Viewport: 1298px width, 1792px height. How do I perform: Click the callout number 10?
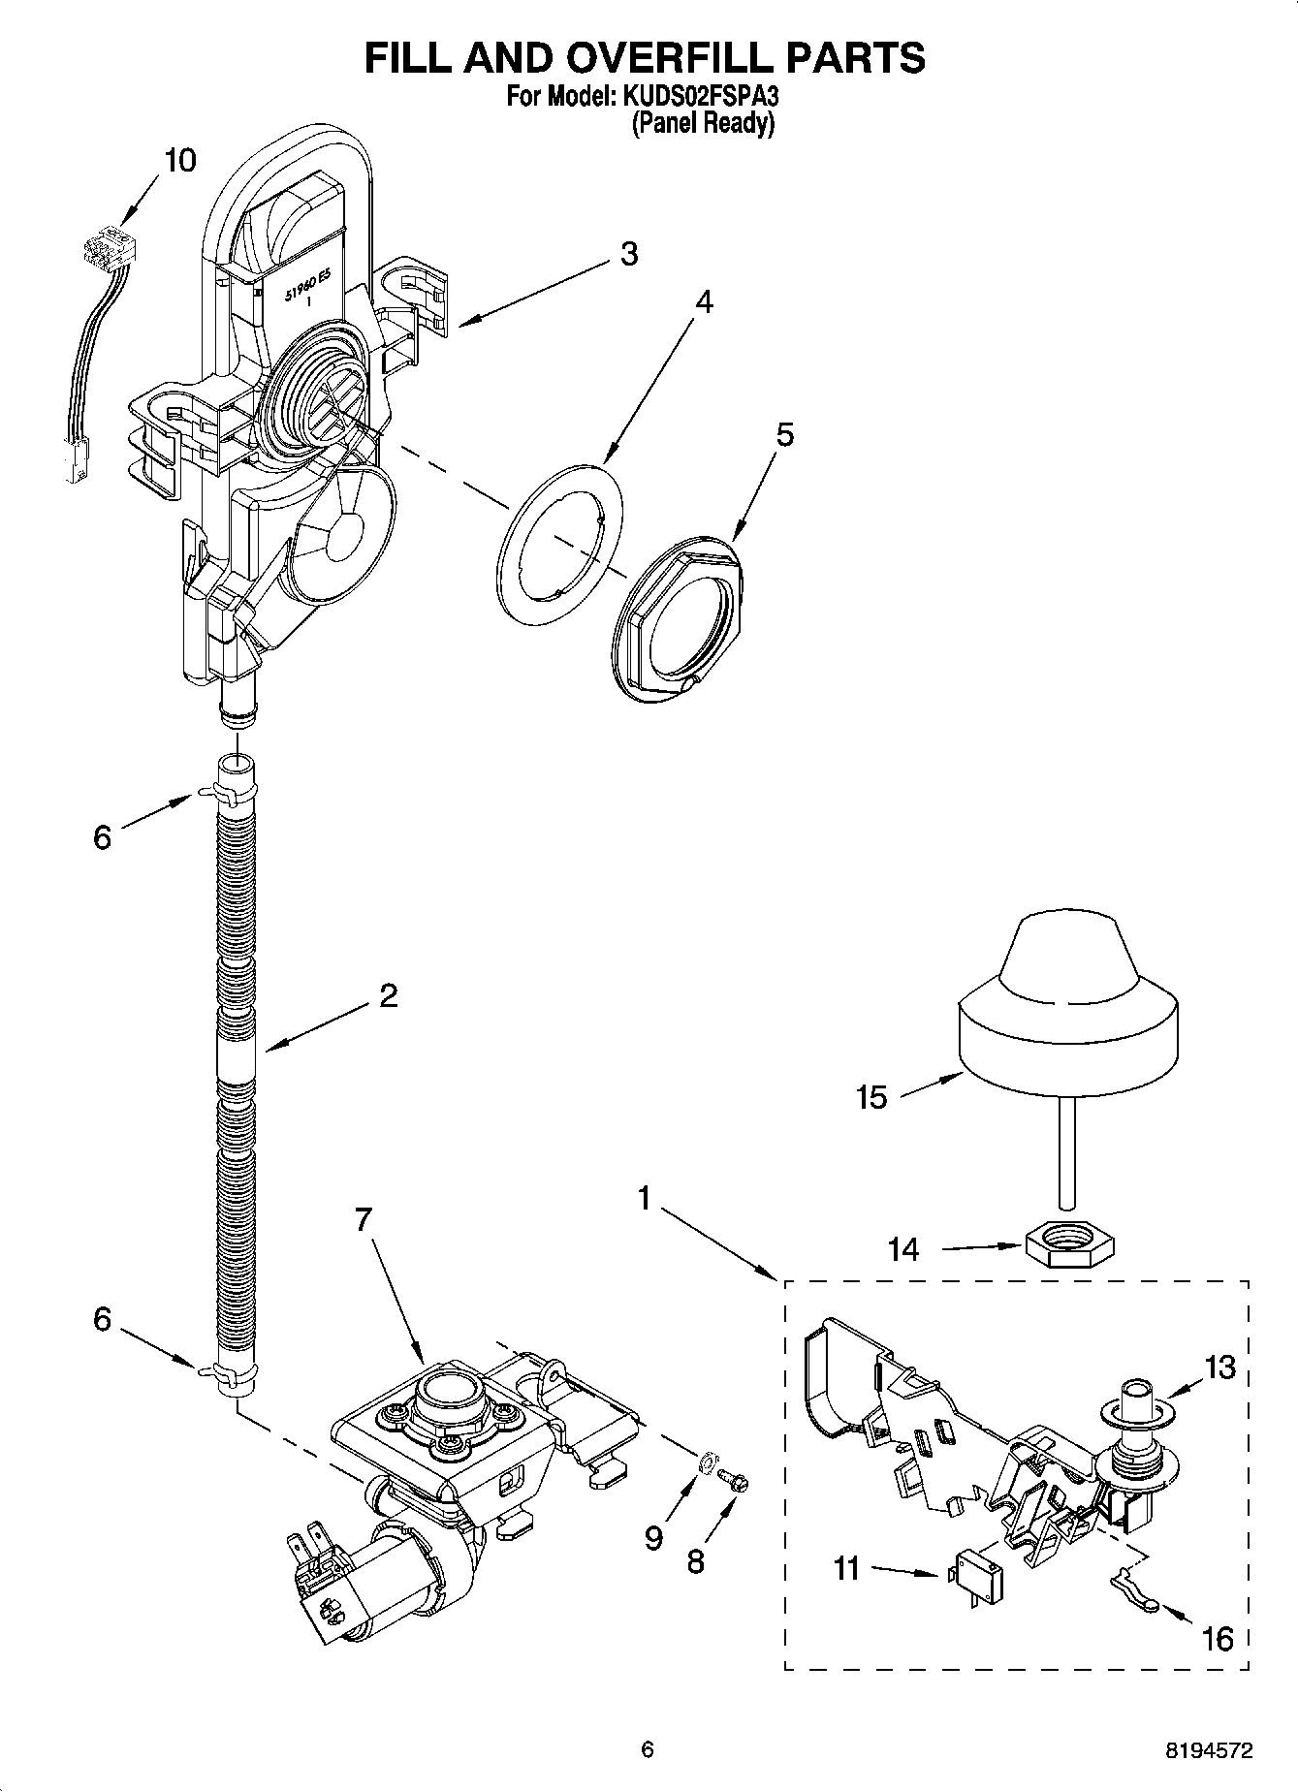click(x=180, y=160)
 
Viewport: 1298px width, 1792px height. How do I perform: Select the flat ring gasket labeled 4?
click(x=558, y=543)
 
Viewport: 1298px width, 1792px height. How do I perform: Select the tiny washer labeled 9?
click(x=708, y=1457)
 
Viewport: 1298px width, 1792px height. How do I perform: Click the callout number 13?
click(x=1220, y=1367)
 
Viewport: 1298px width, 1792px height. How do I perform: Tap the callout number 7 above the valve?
click(x=363, y=1220)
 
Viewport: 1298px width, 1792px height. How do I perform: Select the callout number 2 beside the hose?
click(x=388, y=995)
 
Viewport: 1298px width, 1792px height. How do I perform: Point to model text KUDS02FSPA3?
click(x=697, y=98)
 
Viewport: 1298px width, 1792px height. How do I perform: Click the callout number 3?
click(x=628, y=254)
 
